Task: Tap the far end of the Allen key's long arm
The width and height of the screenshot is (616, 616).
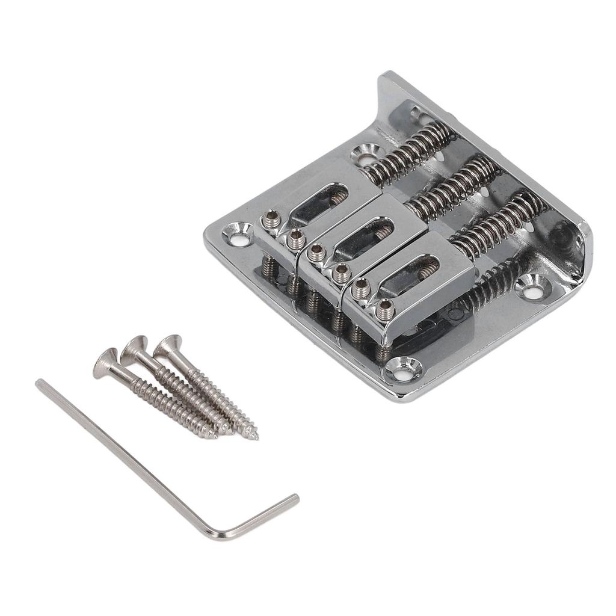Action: point(41,384)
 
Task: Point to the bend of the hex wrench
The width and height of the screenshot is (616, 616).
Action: point(214,534)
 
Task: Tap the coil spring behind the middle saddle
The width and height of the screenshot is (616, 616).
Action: point(454,188)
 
